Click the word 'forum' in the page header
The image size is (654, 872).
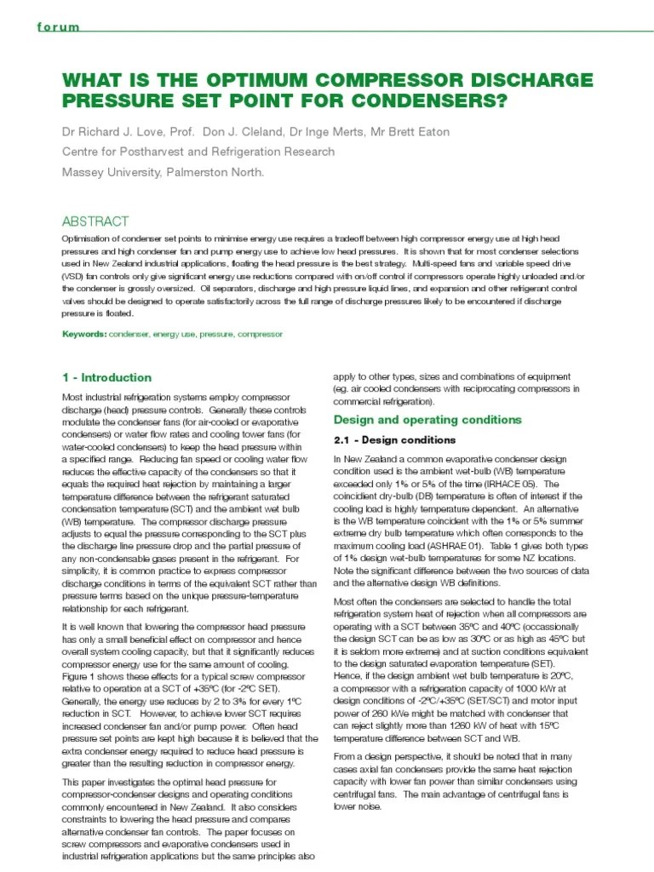click(59, 27)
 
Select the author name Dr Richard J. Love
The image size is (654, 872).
click(118, 132)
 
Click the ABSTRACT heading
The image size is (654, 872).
click(95, 221)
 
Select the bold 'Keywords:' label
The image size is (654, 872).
click(84, 335)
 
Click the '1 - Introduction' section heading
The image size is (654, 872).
click(107, 377)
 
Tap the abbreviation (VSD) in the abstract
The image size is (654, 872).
click(74, 277)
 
